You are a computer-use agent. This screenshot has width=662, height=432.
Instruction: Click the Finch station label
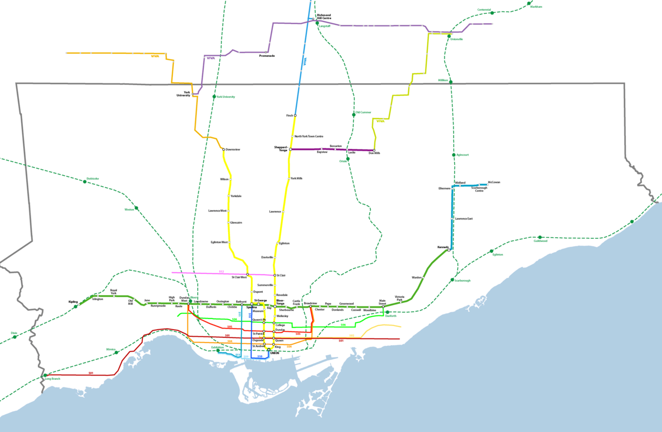(290, 115)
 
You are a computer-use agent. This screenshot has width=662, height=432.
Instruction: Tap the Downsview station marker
(224, 150)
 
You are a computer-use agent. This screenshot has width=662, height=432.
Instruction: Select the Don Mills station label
(374, 153)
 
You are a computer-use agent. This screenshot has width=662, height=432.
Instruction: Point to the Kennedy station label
(443, 247)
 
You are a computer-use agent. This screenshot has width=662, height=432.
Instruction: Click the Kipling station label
(72, 302)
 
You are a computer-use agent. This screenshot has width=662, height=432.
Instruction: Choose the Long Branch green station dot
(46, 375)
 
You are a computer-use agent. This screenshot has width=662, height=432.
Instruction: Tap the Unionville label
(457, 39)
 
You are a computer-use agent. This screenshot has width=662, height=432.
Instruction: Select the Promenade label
(267, 56)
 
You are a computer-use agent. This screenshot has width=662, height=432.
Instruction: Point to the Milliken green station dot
(451, 82)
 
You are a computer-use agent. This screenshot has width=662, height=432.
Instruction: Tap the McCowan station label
(494, 182)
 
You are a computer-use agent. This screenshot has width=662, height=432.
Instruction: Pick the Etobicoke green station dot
(85, 181)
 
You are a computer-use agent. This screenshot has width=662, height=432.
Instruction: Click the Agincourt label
(462, 155)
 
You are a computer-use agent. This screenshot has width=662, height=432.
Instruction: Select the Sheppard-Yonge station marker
(291, 149)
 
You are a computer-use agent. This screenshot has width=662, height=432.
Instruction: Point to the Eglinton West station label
(219, 242)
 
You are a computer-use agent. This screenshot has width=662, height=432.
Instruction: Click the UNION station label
(274, 353)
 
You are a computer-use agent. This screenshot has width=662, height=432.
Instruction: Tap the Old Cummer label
(363, 112)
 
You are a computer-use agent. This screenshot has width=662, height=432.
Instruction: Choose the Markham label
(536, 7)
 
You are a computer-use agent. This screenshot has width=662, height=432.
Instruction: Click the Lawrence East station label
(463, 219)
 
